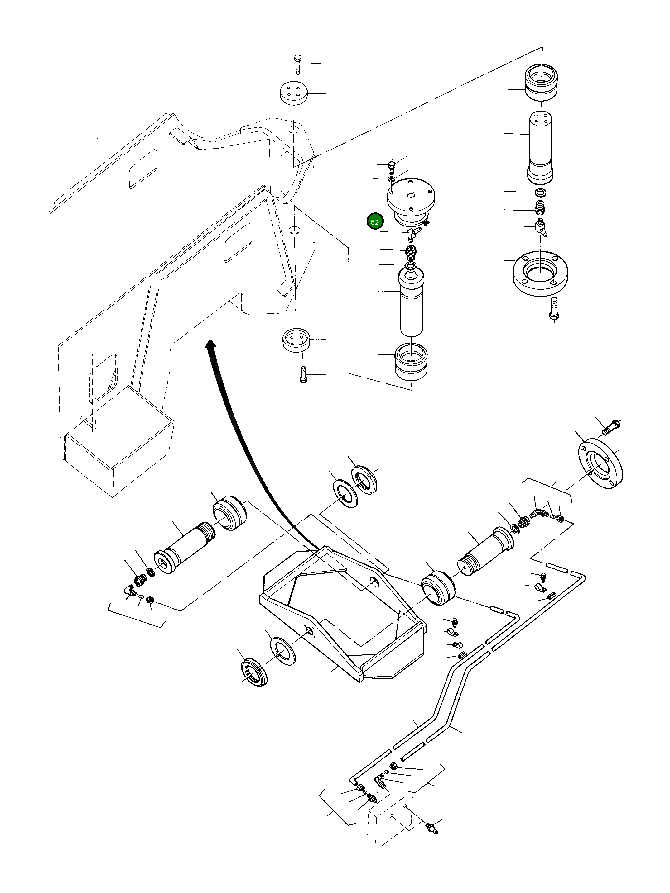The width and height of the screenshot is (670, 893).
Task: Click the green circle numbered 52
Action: pos(374,222)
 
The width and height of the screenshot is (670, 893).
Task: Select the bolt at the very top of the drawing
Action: pos(297,63)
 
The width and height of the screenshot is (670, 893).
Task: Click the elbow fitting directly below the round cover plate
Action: pos(412,232)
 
